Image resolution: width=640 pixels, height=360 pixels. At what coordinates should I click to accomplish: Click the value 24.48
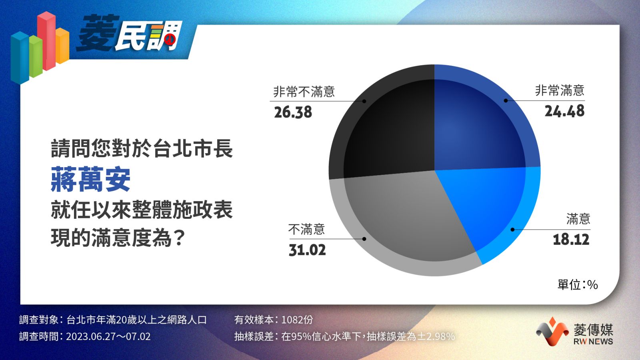(x=564, y=111)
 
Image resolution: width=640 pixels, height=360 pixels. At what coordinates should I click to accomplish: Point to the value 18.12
(x=571, y=240)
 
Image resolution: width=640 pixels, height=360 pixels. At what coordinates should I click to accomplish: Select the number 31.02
(x=307, y=250)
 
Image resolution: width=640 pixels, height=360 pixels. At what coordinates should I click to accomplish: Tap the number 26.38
(x=293, y=112)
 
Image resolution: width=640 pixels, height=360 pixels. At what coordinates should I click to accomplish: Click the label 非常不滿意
(x=304, y=92)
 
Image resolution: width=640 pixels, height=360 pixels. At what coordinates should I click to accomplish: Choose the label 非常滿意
(x=560, y=90)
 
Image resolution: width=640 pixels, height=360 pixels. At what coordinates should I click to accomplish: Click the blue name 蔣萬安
(x=90, y=179)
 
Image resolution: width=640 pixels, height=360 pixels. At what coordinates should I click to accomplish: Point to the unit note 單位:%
(x=578, y=284)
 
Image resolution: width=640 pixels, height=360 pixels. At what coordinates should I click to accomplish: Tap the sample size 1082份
(x=297, y=320)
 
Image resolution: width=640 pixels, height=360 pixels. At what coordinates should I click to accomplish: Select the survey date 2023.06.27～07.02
(x=108, y=336)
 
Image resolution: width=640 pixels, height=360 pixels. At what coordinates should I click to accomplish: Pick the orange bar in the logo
(x=62, y=46)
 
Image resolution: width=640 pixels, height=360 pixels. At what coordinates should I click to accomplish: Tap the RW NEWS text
(x=593, y=342)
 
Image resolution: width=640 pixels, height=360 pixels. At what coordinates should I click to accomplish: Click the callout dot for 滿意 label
(x=512, y=230)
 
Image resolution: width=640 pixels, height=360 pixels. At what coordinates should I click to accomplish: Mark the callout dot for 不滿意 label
(x=364, y=239)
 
